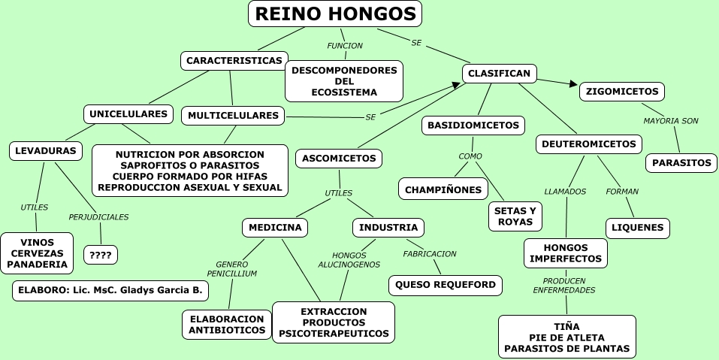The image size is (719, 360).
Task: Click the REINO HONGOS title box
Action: (334, 14)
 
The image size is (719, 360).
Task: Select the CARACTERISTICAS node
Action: (234, 60)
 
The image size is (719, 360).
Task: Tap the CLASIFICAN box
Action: (499, 73)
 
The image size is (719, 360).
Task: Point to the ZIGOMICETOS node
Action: (621, 92)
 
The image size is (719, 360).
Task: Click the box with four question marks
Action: (100, 255)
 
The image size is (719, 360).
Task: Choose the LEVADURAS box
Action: (45, 151)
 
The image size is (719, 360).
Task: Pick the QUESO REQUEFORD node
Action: (445, 285)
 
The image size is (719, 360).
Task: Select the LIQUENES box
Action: (637, 228)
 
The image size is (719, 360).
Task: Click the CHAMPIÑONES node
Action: (443, 189)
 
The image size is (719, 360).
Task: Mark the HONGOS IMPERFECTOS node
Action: (565, 253)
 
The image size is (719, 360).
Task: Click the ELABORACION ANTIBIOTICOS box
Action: (226, 324)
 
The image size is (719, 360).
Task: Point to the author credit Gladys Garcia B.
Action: (110, 290)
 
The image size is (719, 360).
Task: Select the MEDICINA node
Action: (275, 227)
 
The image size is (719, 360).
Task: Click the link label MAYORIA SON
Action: (671, 120)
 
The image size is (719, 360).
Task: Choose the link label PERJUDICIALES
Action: (98, 217)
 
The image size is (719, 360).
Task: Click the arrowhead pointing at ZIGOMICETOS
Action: (572, 85)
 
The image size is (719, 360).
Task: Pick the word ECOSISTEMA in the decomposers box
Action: (344, 92)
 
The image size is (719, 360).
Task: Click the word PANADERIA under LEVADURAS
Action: (36, 265)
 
